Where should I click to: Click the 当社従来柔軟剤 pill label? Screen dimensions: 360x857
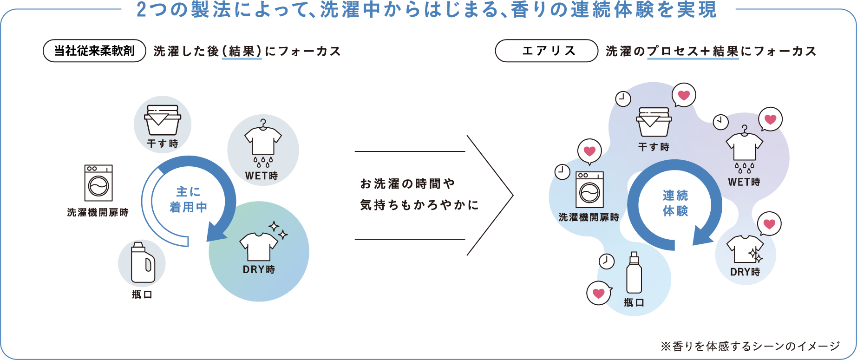point(94,51)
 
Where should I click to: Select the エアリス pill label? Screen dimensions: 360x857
point(547,51)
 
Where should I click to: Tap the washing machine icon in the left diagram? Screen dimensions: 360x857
point(98,183)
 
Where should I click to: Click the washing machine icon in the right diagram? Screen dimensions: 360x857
point(589,190)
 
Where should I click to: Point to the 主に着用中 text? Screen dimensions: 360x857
point(188,199)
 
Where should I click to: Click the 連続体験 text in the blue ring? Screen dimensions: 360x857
point(675,203)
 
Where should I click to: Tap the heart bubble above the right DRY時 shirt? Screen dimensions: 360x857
point(769,224)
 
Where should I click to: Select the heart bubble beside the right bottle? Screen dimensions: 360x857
point(599,293)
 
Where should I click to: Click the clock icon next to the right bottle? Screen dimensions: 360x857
point(606,261)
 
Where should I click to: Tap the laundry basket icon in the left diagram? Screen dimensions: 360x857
point(162,118)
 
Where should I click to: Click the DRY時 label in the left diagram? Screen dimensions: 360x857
point(259,269)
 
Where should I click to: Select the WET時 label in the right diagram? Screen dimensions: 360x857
point(744,182)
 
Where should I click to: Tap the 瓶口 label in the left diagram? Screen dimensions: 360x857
point(142,295)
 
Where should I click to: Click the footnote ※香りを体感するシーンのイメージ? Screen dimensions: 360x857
point(750,346)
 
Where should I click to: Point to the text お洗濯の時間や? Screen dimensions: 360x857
point(407,184)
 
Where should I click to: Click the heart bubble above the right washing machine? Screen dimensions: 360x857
point(589,151)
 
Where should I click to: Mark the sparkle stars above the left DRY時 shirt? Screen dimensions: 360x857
point(278,229)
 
